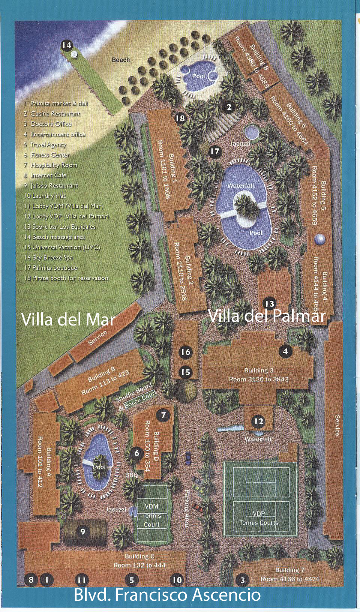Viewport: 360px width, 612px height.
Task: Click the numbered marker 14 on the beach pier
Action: pos(66,45)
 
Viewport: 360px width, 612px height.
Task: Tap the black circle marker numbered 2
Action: pos(229,107)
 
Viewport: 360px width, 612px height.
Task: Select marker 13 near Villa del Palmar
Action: pos(270,303)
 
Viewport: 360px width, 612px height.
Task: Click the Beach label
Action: pos(121,60)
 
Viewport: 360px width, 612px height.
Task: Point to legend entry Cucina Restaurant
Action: pos(55,114)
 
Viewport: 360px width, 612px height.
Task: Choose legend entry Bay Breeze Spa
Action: pos(52,258)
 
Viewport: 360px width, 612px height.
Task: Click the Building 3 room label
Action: pos(258,375)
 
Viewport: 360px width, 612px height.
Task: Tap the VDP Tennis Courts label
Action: pos(259,518)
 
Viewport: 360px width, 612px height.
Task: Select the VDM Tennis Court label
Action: pos(151,516)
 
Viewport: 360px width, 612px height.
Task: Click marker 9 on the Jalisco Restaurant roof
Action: pos(83,531)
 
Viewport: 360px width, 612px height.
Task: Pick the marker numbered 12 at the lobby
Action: pos(259,421)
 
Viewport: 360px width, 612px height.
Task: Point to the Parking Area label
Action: pos(186,508)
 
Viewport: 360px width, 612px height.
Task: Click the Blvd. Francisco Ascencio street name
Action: pos(167,595)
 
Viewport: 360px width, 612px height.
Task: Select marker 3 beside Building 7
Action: pos(243,580)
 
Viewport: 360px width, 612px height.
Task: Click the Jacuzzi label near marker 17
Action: pos(240,144)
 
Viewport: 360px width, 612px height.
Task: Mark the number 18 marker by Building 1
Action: pos(180,118)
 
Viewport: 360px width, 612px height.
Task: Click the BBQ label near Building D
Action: pos(131,475)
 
